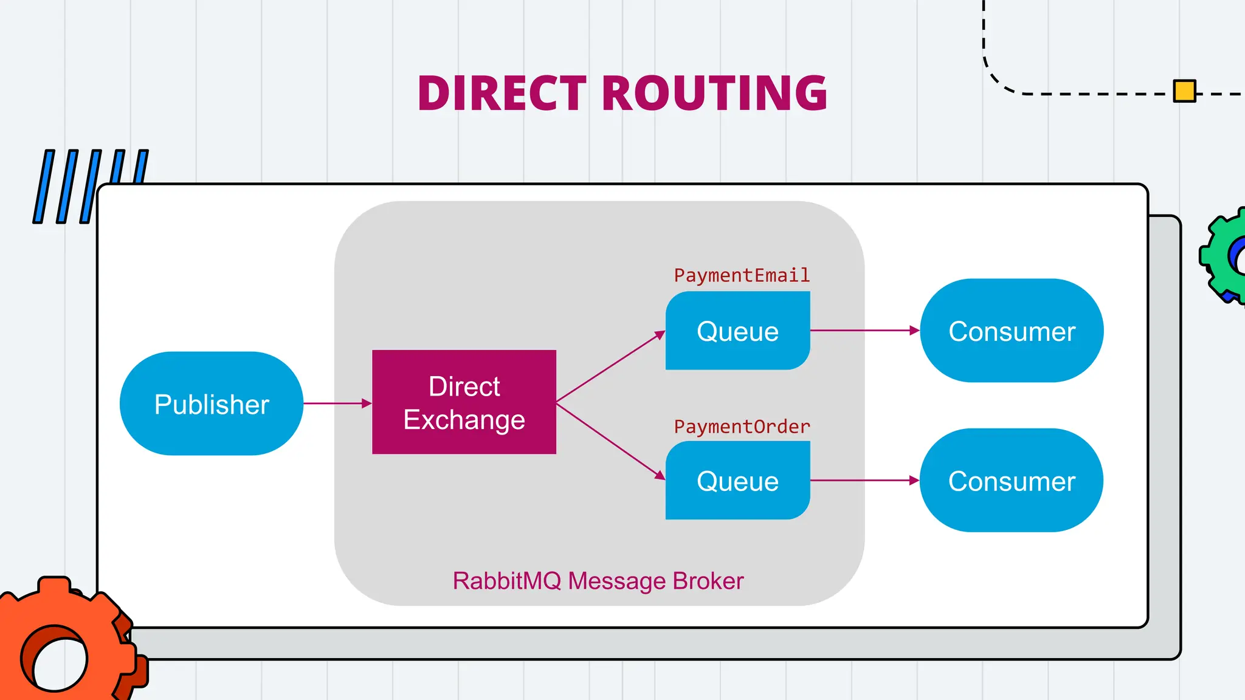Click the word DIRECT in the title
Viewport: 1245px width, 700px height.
click(x=502, y=94)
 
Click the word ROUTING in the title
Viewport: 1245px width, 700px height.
click(x=715, y=94)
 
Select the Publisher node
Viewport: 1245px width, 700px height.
click(x=212, y=404)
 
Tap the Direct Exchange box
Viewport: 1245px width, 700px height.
click(x=464, y=402)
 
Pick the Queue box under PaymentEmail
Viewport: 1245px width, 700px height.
click(x=737, y=331)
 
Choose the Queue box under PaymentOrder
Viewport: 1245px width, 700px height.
click(x=737, y=481)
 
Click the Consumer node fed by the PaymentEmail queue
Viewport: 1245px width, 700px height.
click(x=1012, y=331)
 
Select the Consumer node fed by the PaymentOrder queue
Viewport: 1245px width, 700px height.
click(x=1012, y=481)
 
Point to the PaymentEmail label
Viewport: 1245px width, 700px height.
click(x=742, y=275)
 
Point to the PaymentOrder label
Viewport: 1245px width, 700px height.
click(x=742, y=427)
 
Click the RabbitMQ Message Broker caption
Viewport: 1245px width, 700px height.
click(x=598, y=581)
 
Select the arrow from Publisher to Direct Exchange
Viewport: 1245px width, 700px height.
click(x=337, y=403)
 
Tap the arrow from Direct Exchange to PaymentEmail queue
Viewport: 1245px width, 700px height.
click(x=610, y=367)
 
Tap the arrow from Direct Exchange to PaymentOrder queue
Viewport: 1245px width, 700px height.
click(x=610, y=441)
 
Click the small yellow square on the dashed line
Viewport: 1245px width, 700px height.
click(x=1184, y=91)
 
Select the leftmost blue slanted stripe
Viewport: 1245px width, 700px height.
click(x=44, y=187)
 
